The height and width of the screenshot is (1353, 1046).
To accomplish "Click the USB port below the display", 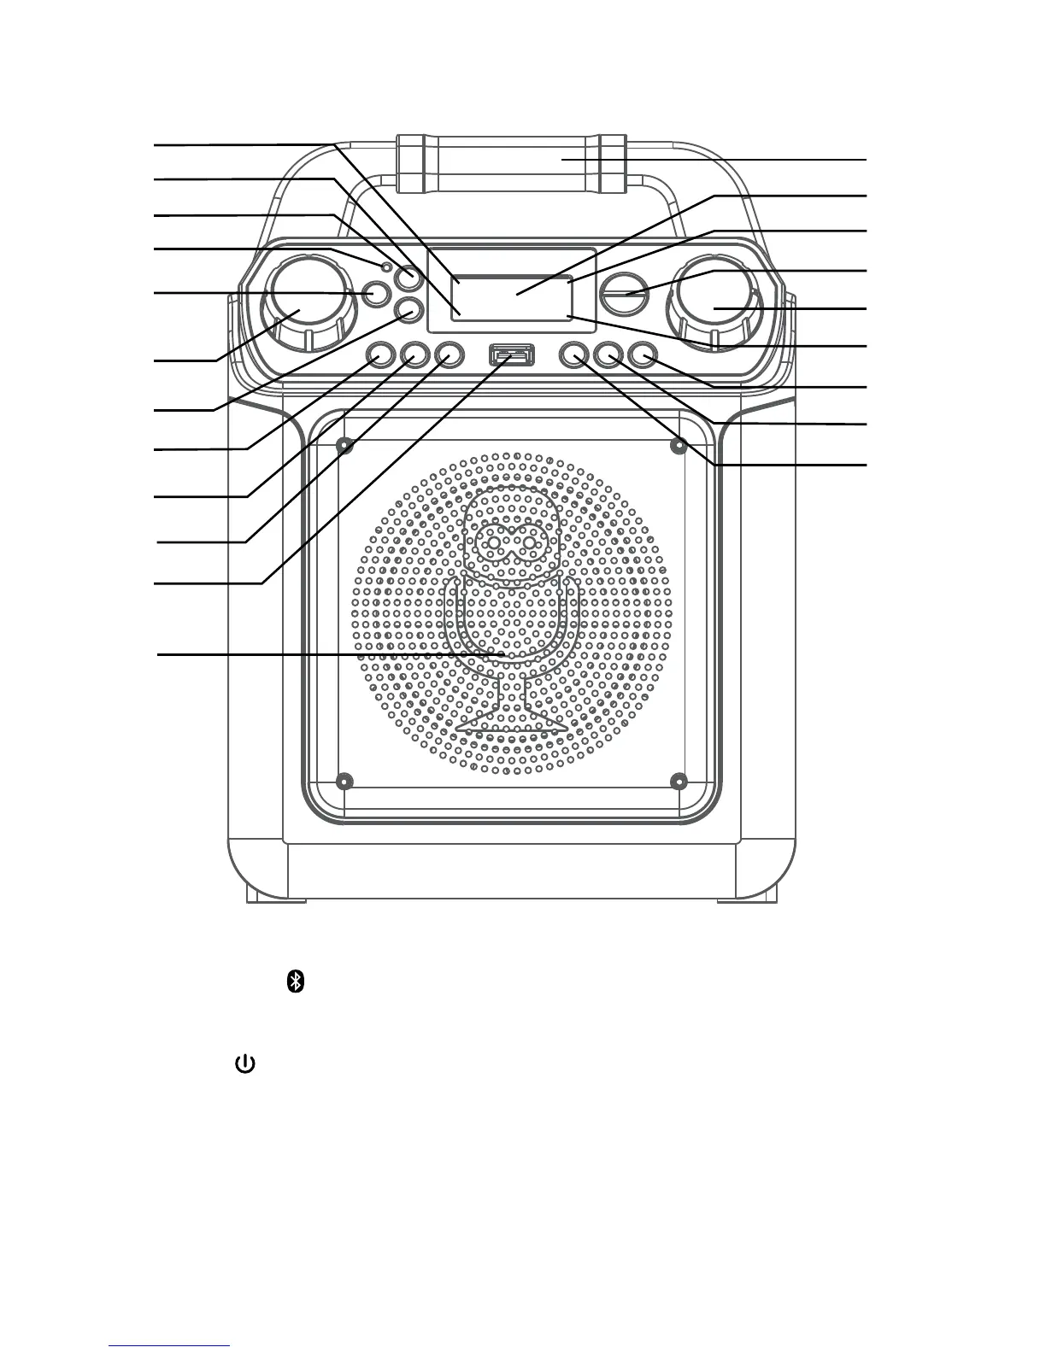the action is (512, 353).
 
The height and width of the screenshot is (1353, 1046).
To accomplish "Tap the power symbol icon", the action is (244, 1064).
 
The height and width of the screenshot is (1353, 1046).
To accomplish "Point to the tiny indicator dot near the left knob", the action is (387, 268).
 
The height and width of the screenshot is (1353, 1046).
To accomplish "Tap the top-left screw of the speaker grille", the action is (345, 445).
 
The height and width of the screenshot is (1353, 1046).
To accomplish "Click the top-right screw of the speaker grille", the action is (679, 445).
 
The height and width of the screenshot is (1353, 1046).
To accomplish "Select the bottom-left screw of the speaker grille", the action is (345, 781).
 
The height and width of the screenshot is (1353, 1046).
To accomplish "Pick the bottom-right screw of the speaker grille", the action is (679, 781).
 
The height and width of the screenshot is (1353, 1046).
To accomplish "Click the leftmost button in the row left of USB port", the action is (381, 354).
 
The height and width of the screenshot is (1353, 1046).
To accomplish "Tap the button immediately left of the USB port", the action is (448, 354).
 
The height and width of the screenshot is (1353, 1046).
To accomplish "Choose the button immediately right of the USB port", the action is (574, 354).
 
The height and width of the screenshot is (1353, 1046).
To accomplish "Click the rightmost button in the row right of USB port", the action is (641, 354).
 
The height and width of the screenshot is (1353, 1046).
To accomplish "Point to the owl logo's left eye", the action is (494, 542).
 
